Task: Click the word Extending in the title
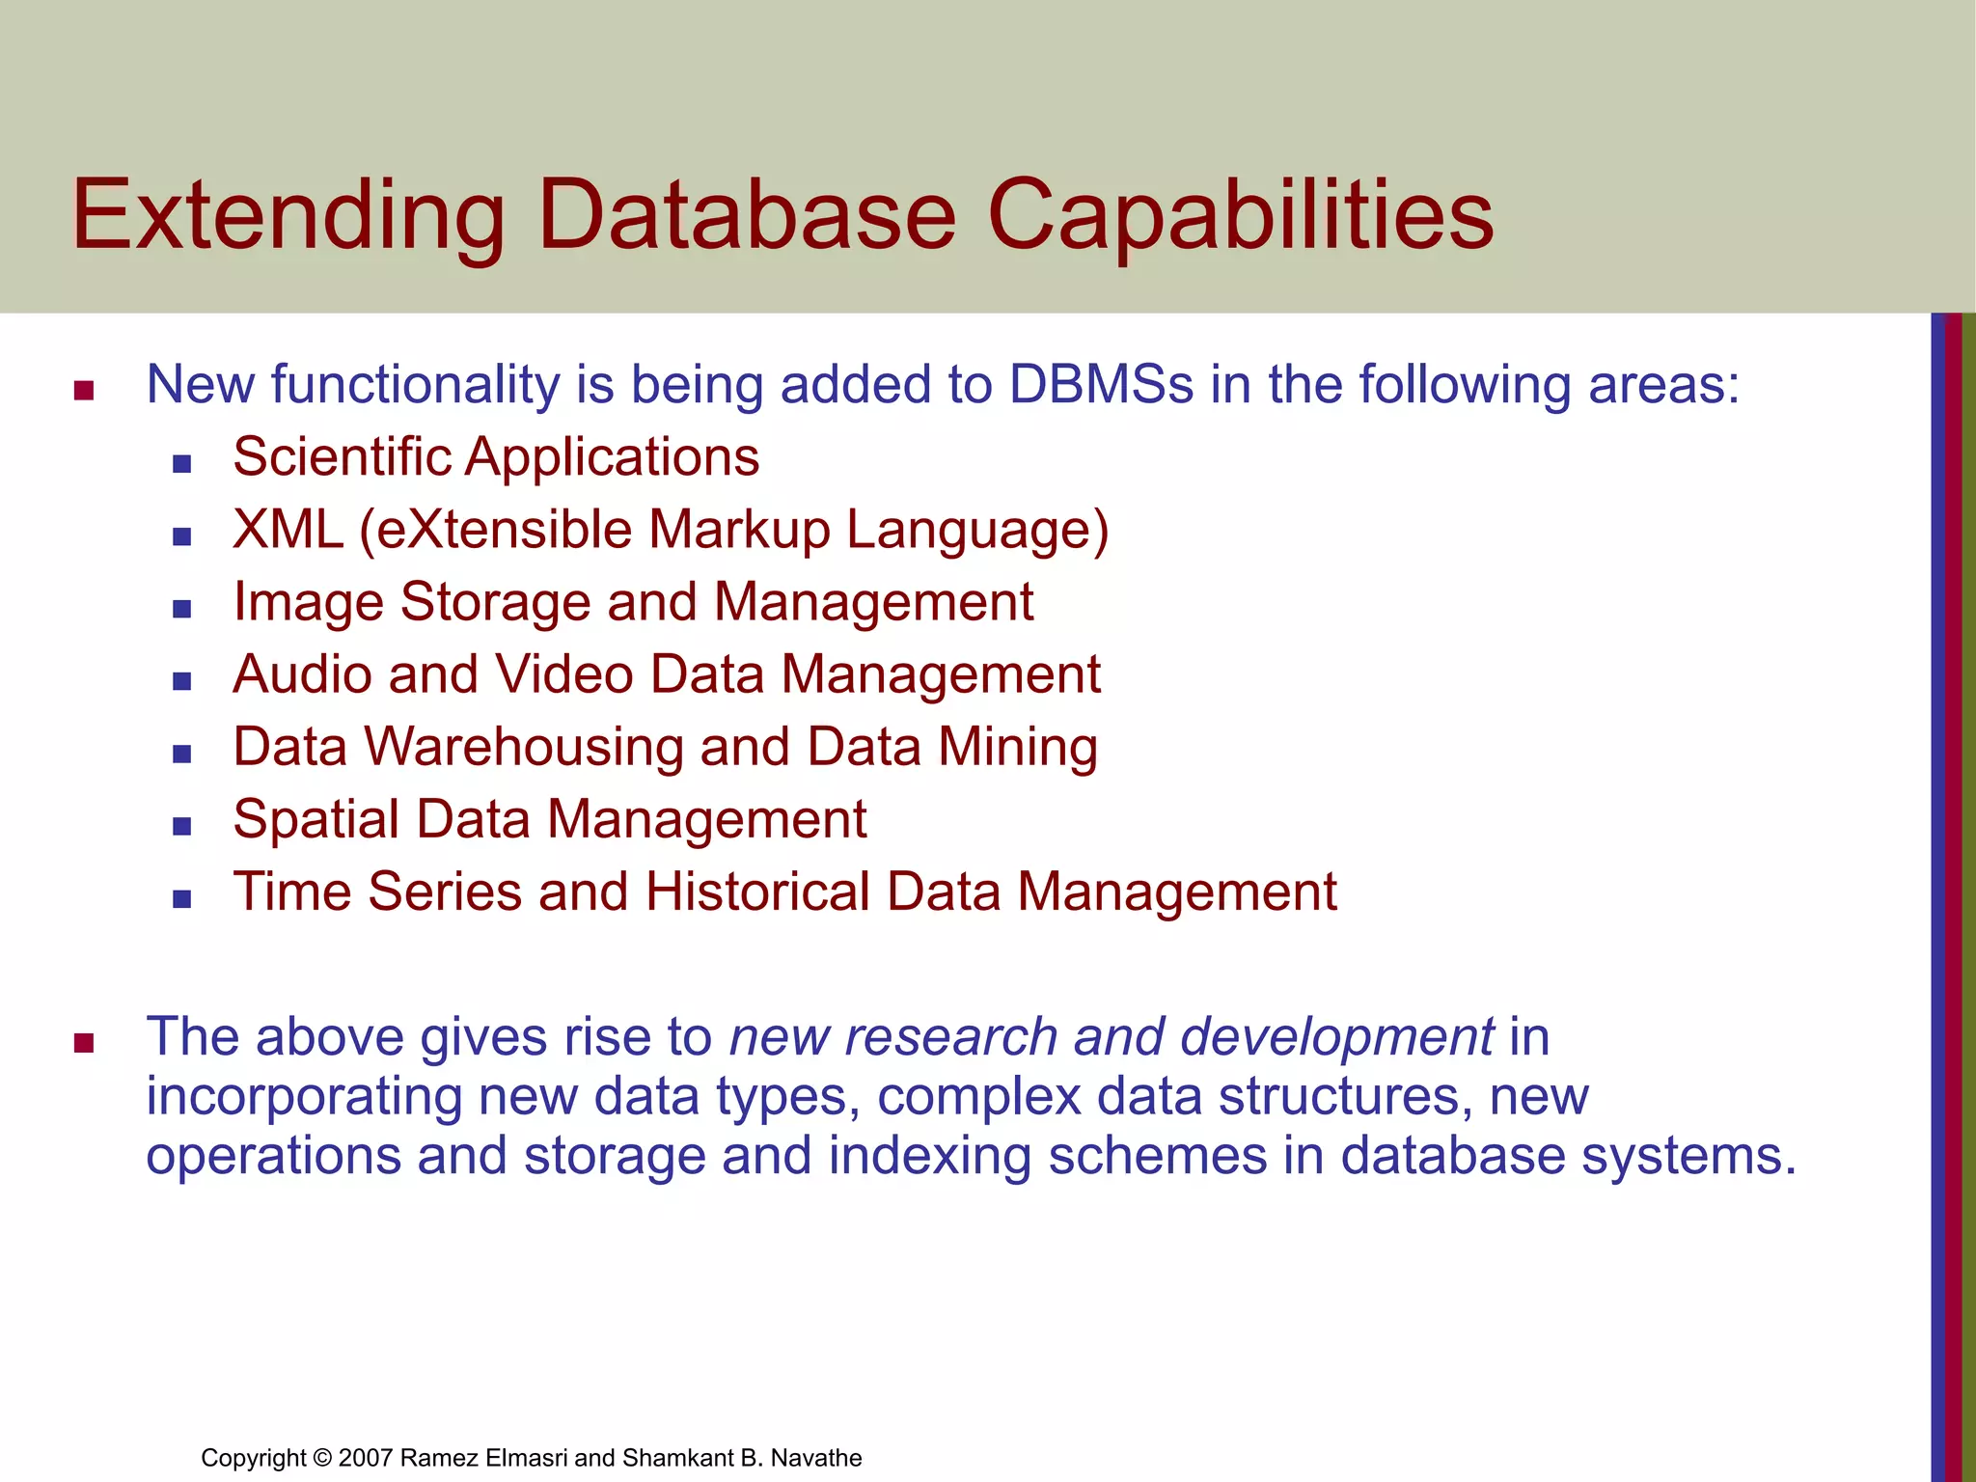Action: point(288,217)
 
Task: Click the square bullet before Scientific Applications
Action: point(181,464)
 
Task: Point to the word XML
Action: point(288,530)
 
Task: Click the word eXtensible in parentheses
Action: point(505,530)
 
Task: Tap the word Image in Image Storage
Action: point(308,603)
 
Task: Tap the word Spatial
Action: point(316,820)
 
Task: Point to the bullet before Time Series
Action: point(181,899)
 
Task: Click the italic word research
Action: point(950,1038)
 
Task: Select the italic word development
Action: point(1336,1038)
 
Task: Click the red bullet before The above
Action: point(84,1043)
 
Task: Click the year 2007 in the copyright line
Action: point(365,1458)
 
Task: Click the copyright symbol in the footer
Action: point(322,1458)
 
